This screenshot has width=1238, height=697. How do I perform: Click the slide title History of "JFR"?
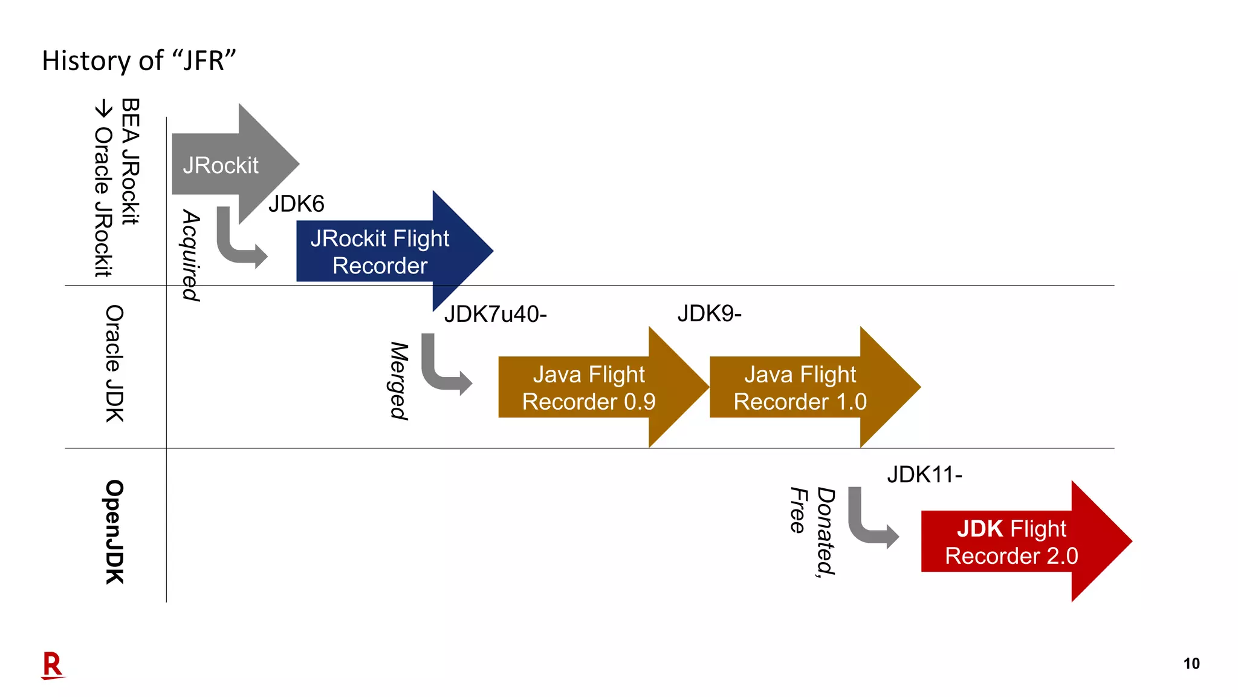pyautogui.click(x=138, y=61)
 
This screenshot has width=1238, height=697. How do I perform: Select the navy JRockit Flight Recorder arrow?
pyautogui.click(x=381, y=252)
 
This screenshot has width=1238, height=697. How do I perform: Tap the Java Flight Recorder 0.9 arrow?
pyautogui.click(x=589, y=388)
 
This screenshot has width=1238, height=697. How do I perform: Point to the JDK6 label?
pyautogui.click(x=296, y=204)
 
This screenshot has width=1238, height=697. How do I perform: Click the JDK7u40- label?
pyautogui.click(x=495, y=315)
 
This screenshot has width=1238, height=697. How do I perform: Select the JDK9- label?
pyautogui.click(x=709, y=313)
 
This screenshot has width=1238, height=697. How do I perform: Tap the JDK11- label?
pyautogui.click(x=924, y=474)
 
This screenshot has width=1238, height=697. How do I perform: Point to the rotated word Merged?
pyautogui.click(x=399, y=381)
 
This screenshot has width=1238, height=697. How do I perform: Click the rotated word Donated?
pyautogui.click(x=826, y=531)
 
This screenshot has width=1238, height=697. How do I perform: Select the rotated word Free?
pyautogui.click(x=799, y=511)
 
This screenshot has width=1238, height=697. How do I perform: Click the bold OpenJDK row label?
pyautogui.click(x=114, y=532)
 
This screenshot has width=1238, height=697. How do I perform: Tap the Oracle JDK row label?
pyautogui.click(x=114, y=364)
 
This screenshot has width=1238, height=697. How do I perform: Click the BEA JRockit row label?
pyautogui.click(x=131, y=162)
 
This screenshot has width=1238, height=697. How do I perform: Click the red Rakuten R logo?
pyautogui.click(x=52, y=666)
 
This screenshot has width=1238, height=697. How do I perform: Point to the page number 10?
pyautogui.click(x=1191, y=664)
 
